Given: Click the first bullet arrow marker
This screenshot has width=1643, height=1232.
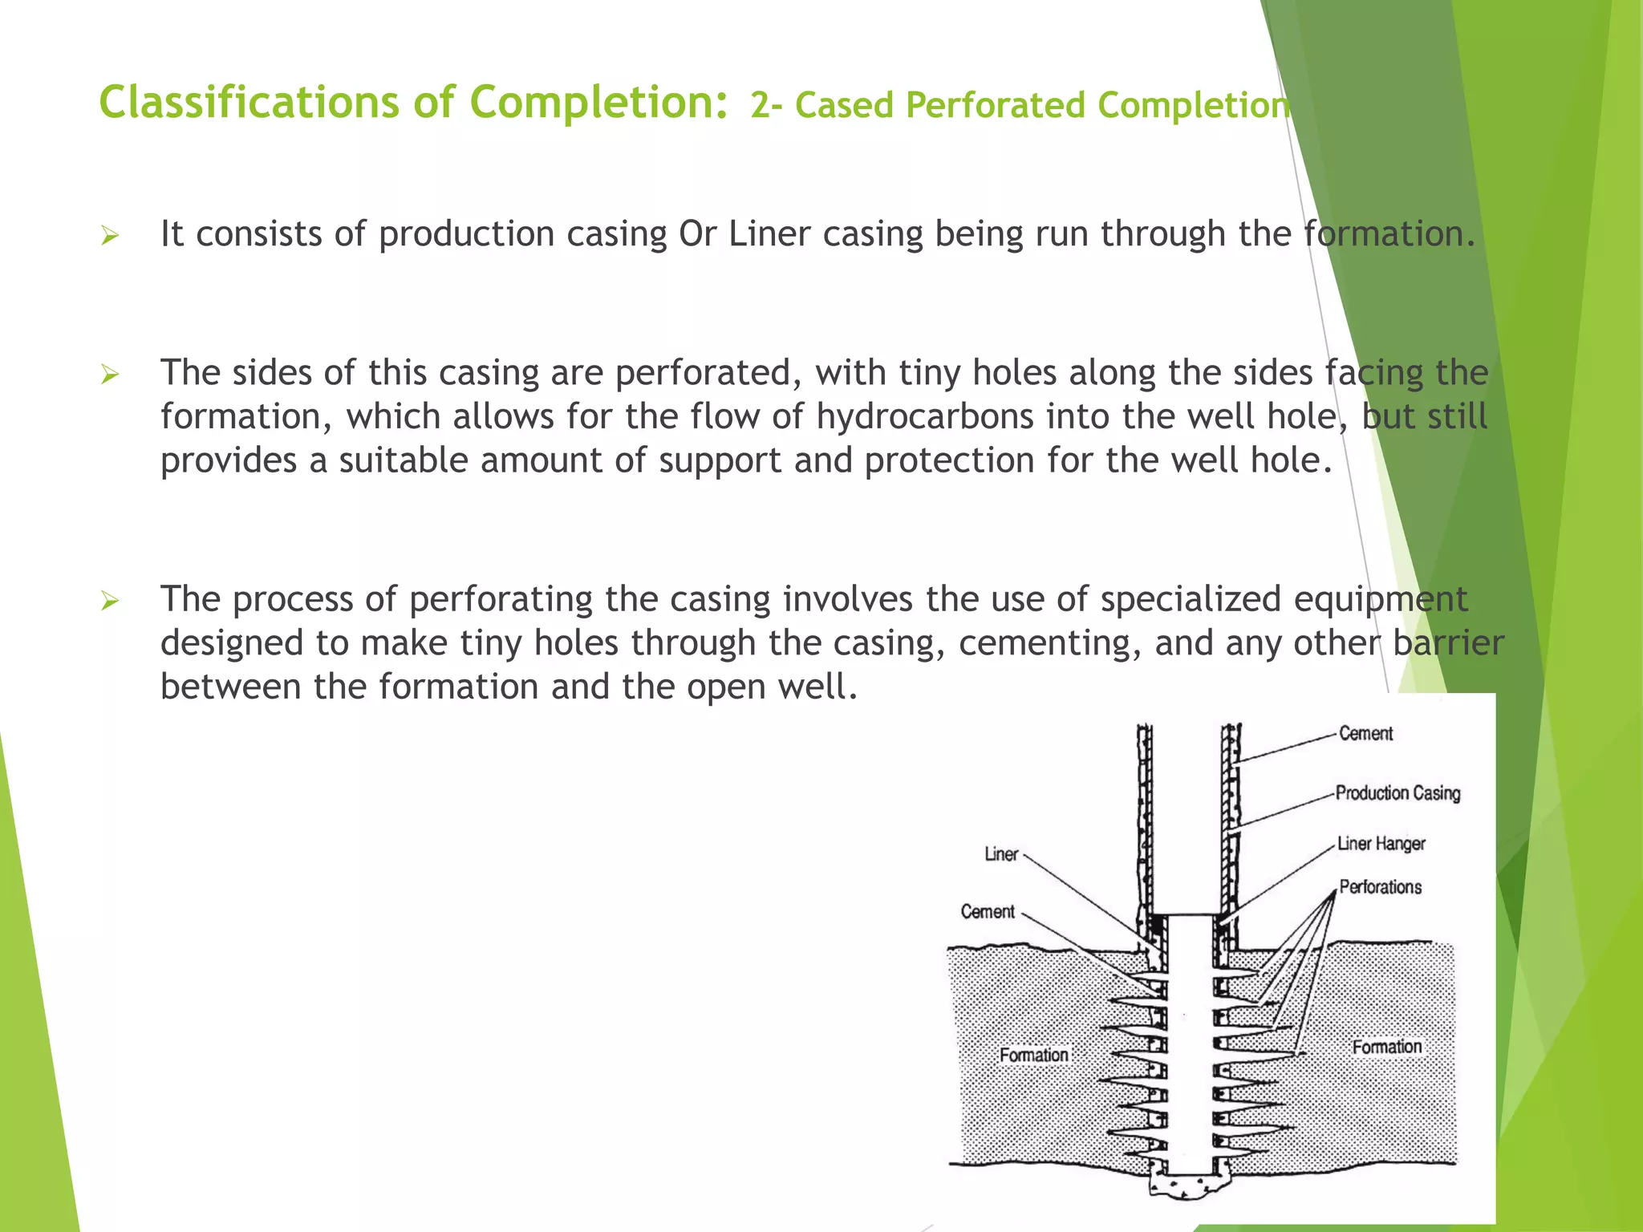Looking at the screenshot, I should coord(110,236).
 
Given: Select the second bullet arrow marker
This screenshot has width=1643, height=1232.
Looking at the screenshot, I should coord(110,375).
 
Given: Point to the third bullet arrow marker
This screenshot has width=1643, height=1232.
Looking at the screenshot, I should coord(110,601).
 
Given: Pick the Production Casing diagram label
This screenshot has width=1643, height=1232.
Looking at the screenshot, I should coord(1398,793).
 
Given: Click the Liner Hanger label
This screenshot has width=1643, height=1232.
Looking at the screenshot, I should coord(1381,844).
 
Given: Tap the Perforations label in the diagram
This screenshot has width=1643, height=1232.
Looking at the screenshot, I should coord(1380,887).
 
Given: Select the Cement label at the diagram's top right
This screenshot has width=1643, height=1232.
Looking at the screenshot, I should coord(1365,734).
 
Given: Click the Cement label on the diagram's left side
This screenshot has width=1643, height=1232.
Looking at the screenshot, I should coord(988,912).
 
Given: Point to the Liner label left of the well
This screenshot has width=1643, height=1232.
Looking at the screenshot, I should coord(1001,855).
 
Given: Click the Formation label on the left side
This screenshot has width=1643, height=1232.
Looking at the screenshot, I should coord(1033,1056).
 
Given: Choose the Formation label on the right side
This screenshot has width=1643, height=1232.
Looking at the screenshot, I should coord(1386,1048).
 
